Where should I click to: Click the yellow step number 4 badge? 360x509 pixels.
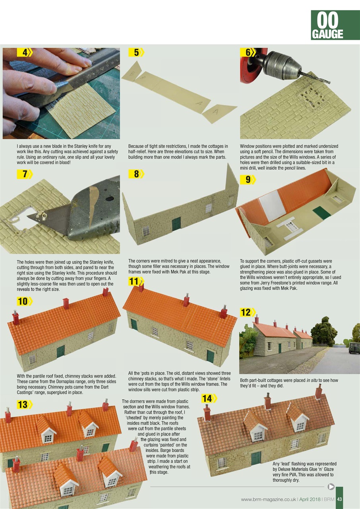click(x=24, y=52)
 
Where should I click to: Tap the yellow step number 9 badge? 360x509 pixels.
click(x=248, y=180)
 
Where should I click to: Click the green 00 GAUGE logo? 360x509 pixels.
click(x=329, y=25)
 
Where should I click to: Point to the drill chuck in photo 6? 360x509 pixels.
click(x=283, y=64)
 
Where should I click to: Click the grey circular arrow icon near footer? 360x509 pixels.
click(x=331, y=486)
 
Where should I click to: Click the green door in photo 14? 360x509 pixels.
click(x=256, y=458)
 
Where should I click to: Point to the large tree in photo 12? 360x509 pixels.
click(x=323, y=330)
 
